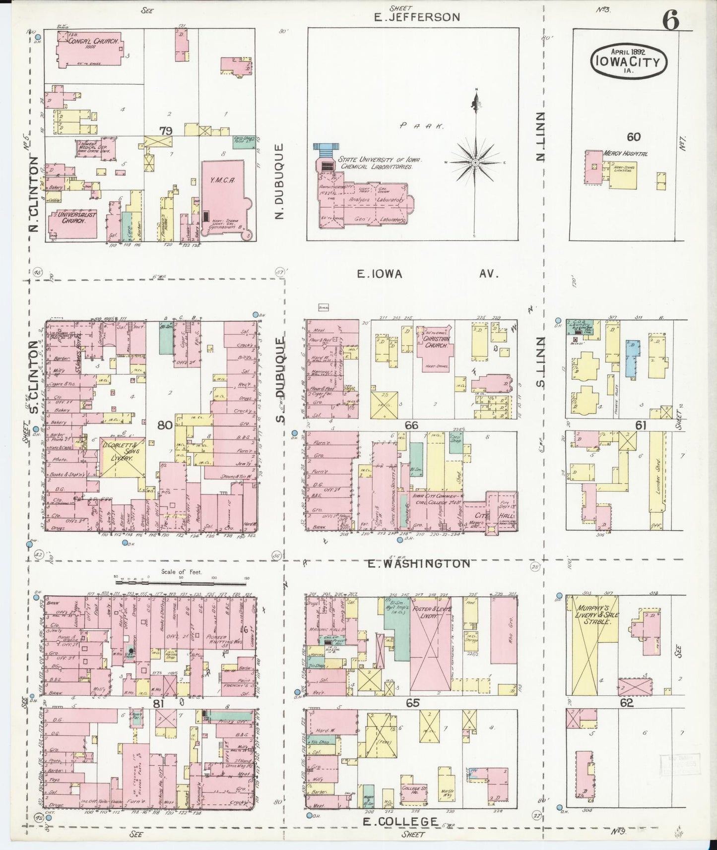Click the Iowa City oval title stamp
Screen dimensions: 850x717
(628, 60)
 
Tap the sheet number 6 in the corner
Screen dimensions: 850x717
(670, 20)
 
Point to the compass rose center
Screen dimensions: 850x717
(475, 162)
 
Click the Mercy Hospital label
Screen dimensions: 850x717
(625, 154)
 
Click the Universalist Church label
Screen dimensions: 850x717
(72, 218)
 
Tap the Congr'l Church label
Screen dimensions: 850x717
(89, 42)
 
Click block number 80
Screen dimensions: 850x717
(165, 425)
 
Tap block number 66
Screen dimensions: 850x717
(411, 425)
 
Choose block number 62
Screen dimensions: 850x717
(627, 702)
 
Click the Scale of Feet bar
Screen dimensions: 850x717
(181, 578)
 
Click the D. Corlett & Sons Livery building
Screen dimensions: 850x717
(122, 456)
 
